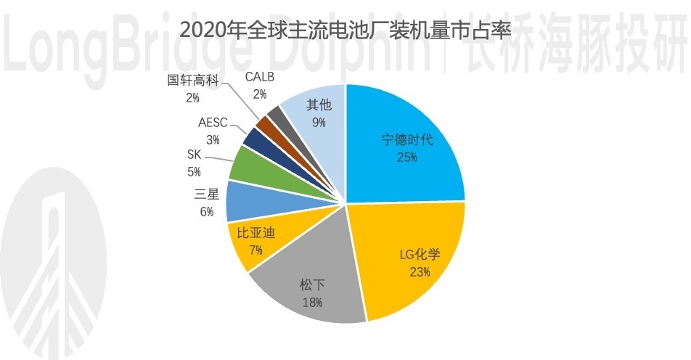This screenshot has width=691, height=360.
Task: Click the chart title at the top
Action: click(x=345, y=30)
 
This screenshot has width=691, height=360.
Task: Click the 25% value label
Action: click(x=407, y=157)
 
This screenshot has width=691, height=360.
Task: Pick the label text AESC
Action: click(x=213, y=122)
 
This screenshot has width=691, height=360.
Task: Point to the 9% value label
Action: click(x=319, y=122)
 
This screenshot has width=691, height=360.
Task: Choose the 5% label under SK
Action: click(x=195, y=172)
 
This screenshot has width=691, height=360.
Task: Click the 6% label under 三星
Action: click(x=207, y=211)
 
